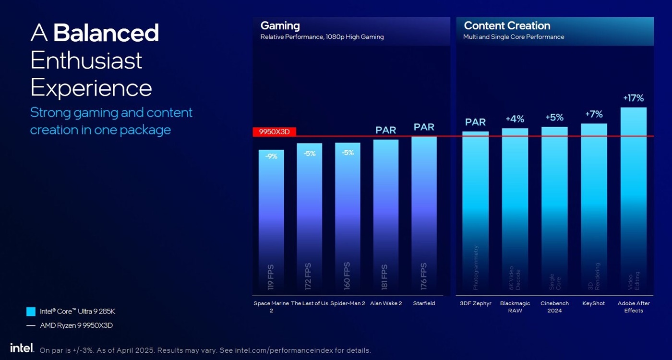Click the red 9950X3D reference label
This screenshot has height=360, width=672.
pyautogui.click(x=275, y=132)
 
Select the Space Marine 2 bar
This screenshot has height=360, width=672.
pyautogui.click(x=271, y=221)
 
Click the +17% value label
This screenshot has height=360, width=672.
pyautogui.click(x=633, y=98)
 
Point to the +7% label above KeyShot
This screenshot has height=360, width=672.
pyautogui.click(x=594, y=114)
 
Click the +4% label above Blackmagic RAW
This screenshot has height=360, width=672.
pyautogui.click(x=515, y=119)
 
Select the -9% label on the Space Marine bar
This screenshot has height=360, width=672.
pyautogui.click(x=271, y=156)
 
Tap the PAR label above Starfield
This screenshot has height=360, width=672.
pyautogui.click(x=424, y=127)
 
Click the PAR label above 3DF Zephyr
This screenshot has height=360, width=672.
pyautogui.click(x=475, y=122)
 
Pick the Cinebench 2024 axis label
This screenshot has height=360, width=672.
pyautogui.click(x=554, y=307)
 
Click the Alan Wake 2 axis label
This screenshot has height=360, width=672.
pyautogui.click(x=386, y=303)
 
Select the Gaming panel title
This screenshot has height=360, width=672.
pyautogui.click(x=280, y=26)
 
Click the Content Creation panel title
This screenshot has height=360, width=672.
pyautogui.click(x=507, y=26)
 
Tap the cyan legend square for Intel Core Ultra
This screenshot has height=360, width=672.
pyautogui.click(x=31, y=312)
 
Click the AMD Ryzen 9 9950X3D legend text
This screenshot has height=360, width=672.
pyautogui.click(x=76, y=325)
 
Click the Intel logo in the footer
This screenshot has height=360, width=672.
pyautogui.click(x=22, y=348)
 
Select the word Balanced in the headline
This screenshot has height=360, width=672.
pyautogui.click(x=106, y=33)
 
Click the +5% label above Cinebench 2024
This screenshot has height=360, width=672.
pyautogui.click(x=554, y=118)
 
